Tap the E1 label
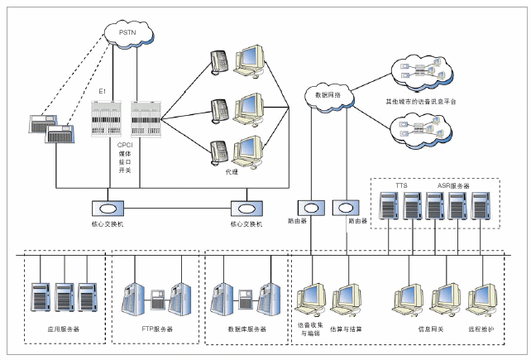(102, 89)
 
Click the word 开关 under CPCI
(126, 174)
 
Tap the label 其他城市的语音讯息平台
(421, 102)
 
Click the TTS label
(401, 186)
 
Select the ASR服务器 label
(454, 186)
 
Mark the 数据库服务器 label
(247, 329)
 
